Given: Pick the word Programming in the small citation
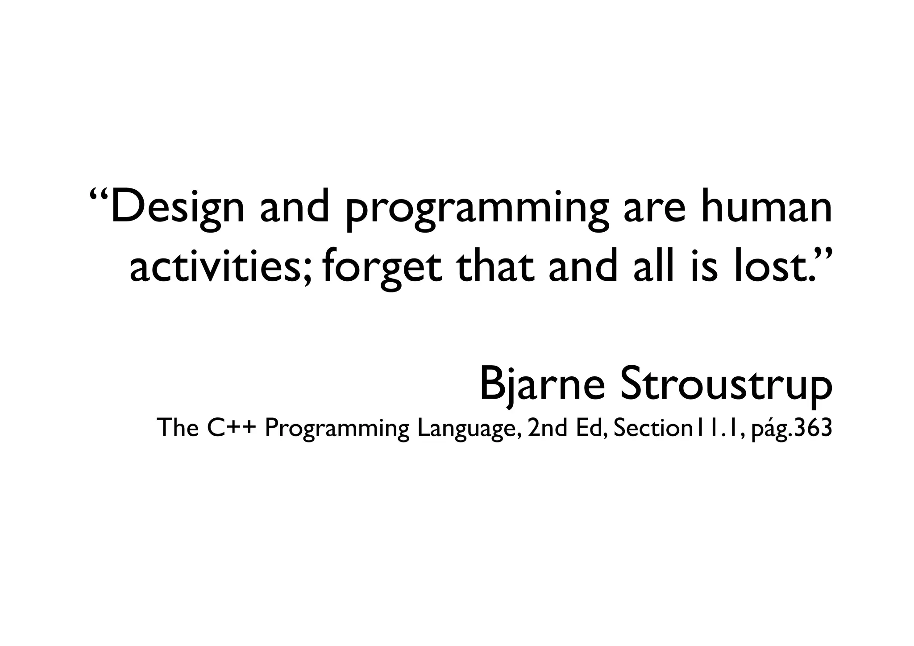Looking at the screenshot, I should (x=337, y=429).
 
